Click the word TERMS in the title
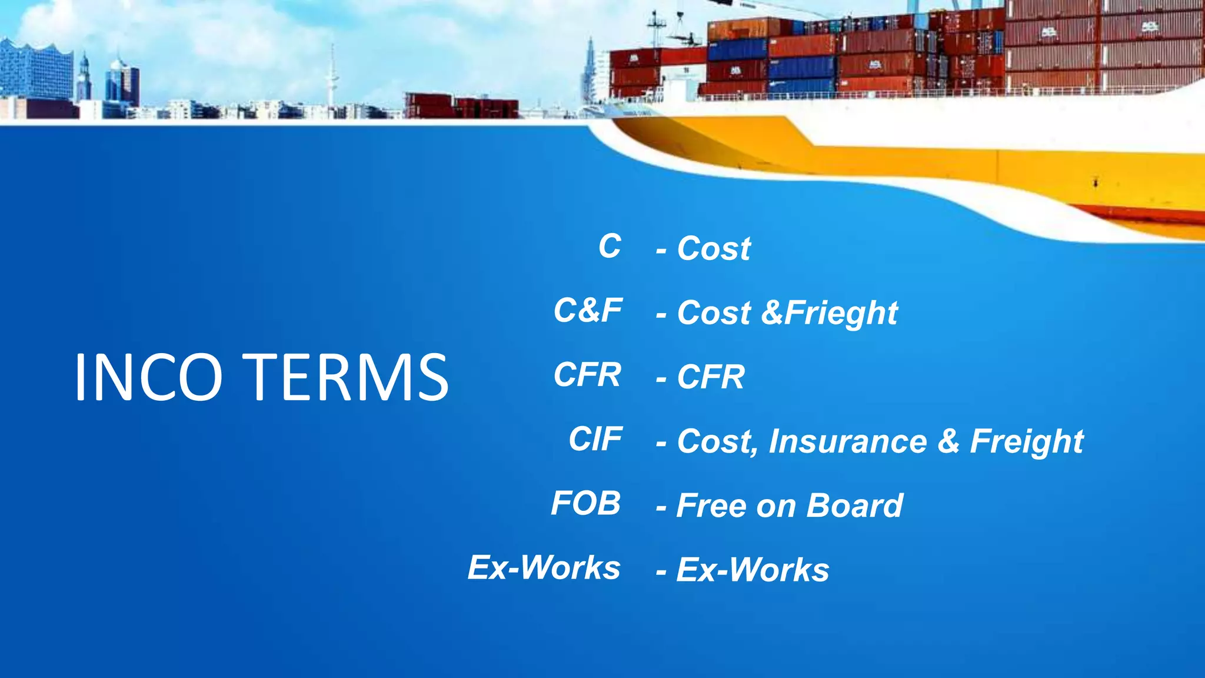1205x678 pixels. pos(349,377)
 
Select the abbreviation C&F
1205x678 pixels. pos(587,310)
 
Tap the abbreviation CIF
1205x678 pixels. pos(595,439)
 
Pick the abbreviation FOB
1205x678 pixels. pos(585,503)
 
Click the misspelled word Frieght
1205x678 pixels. pos(841,313)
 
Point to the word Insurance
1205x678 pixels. pos(847,441)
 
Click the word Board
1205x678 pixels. pos(854,506)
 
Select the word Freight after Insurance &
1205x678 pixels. pos(1026,441)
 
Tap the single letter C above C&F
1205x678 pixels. pos(610,246)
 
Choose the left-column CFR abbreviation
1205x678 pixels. pos(587,375)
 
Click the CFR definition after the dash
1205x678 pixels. pos(711,377)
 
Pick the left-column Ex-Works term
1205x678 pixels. pos(544,567)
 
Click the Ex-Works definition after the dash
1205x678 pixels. pos(753,570)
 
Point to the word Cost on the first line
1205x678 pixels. pos(714,248)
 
